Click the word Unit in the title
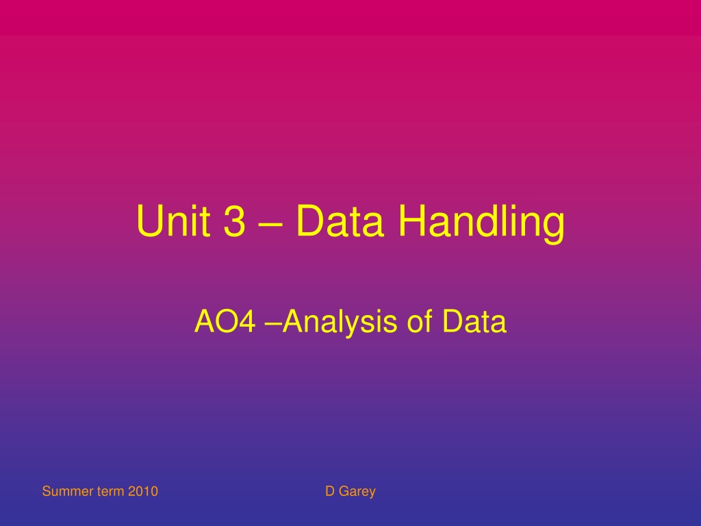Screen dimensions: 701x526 173,221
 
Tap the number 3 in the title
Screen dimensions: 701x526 234,221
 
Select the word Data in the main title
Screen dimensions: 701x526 340,221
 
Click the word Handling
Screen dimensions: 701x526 481,225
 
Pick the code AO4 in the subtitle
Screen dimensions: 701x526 225,321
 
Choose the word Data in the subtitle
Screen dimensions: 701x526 474,321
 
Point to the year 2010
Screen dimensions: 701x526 143,491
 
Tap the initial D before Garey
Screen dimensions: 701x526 330,491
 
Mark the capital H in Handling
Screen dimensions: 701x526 411,221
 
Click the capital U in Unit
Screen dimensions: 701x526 149,221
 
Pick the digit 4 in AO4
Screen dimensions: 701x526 247,321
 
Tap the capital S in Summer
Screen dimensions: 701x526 47,491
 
